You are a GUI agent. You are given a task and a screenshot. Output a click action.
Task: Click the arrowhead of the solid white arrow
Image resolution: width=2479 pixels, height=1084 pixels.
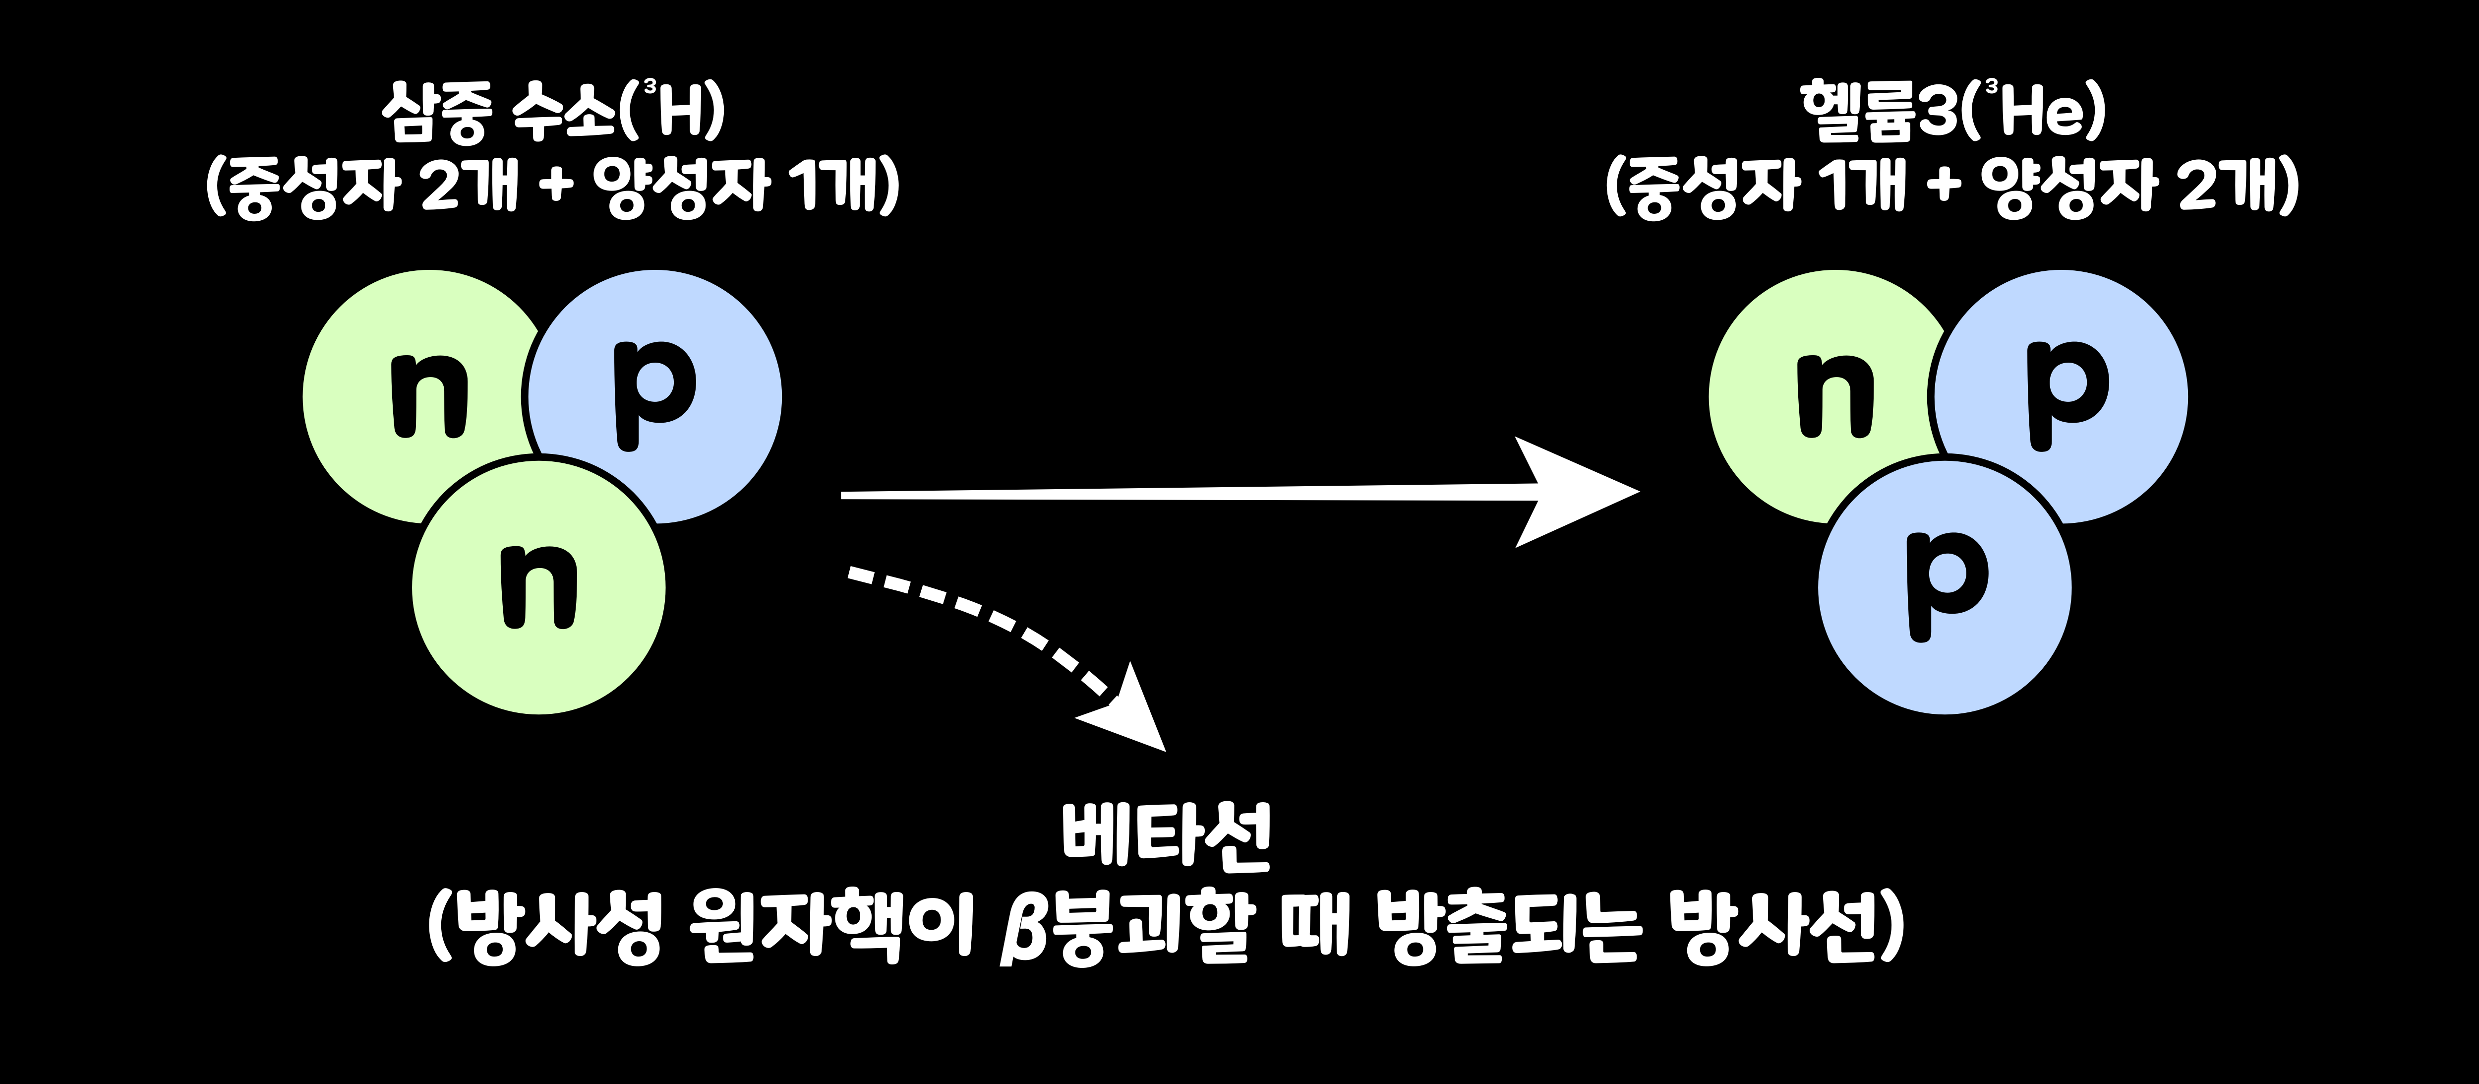coord(1578,492)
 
